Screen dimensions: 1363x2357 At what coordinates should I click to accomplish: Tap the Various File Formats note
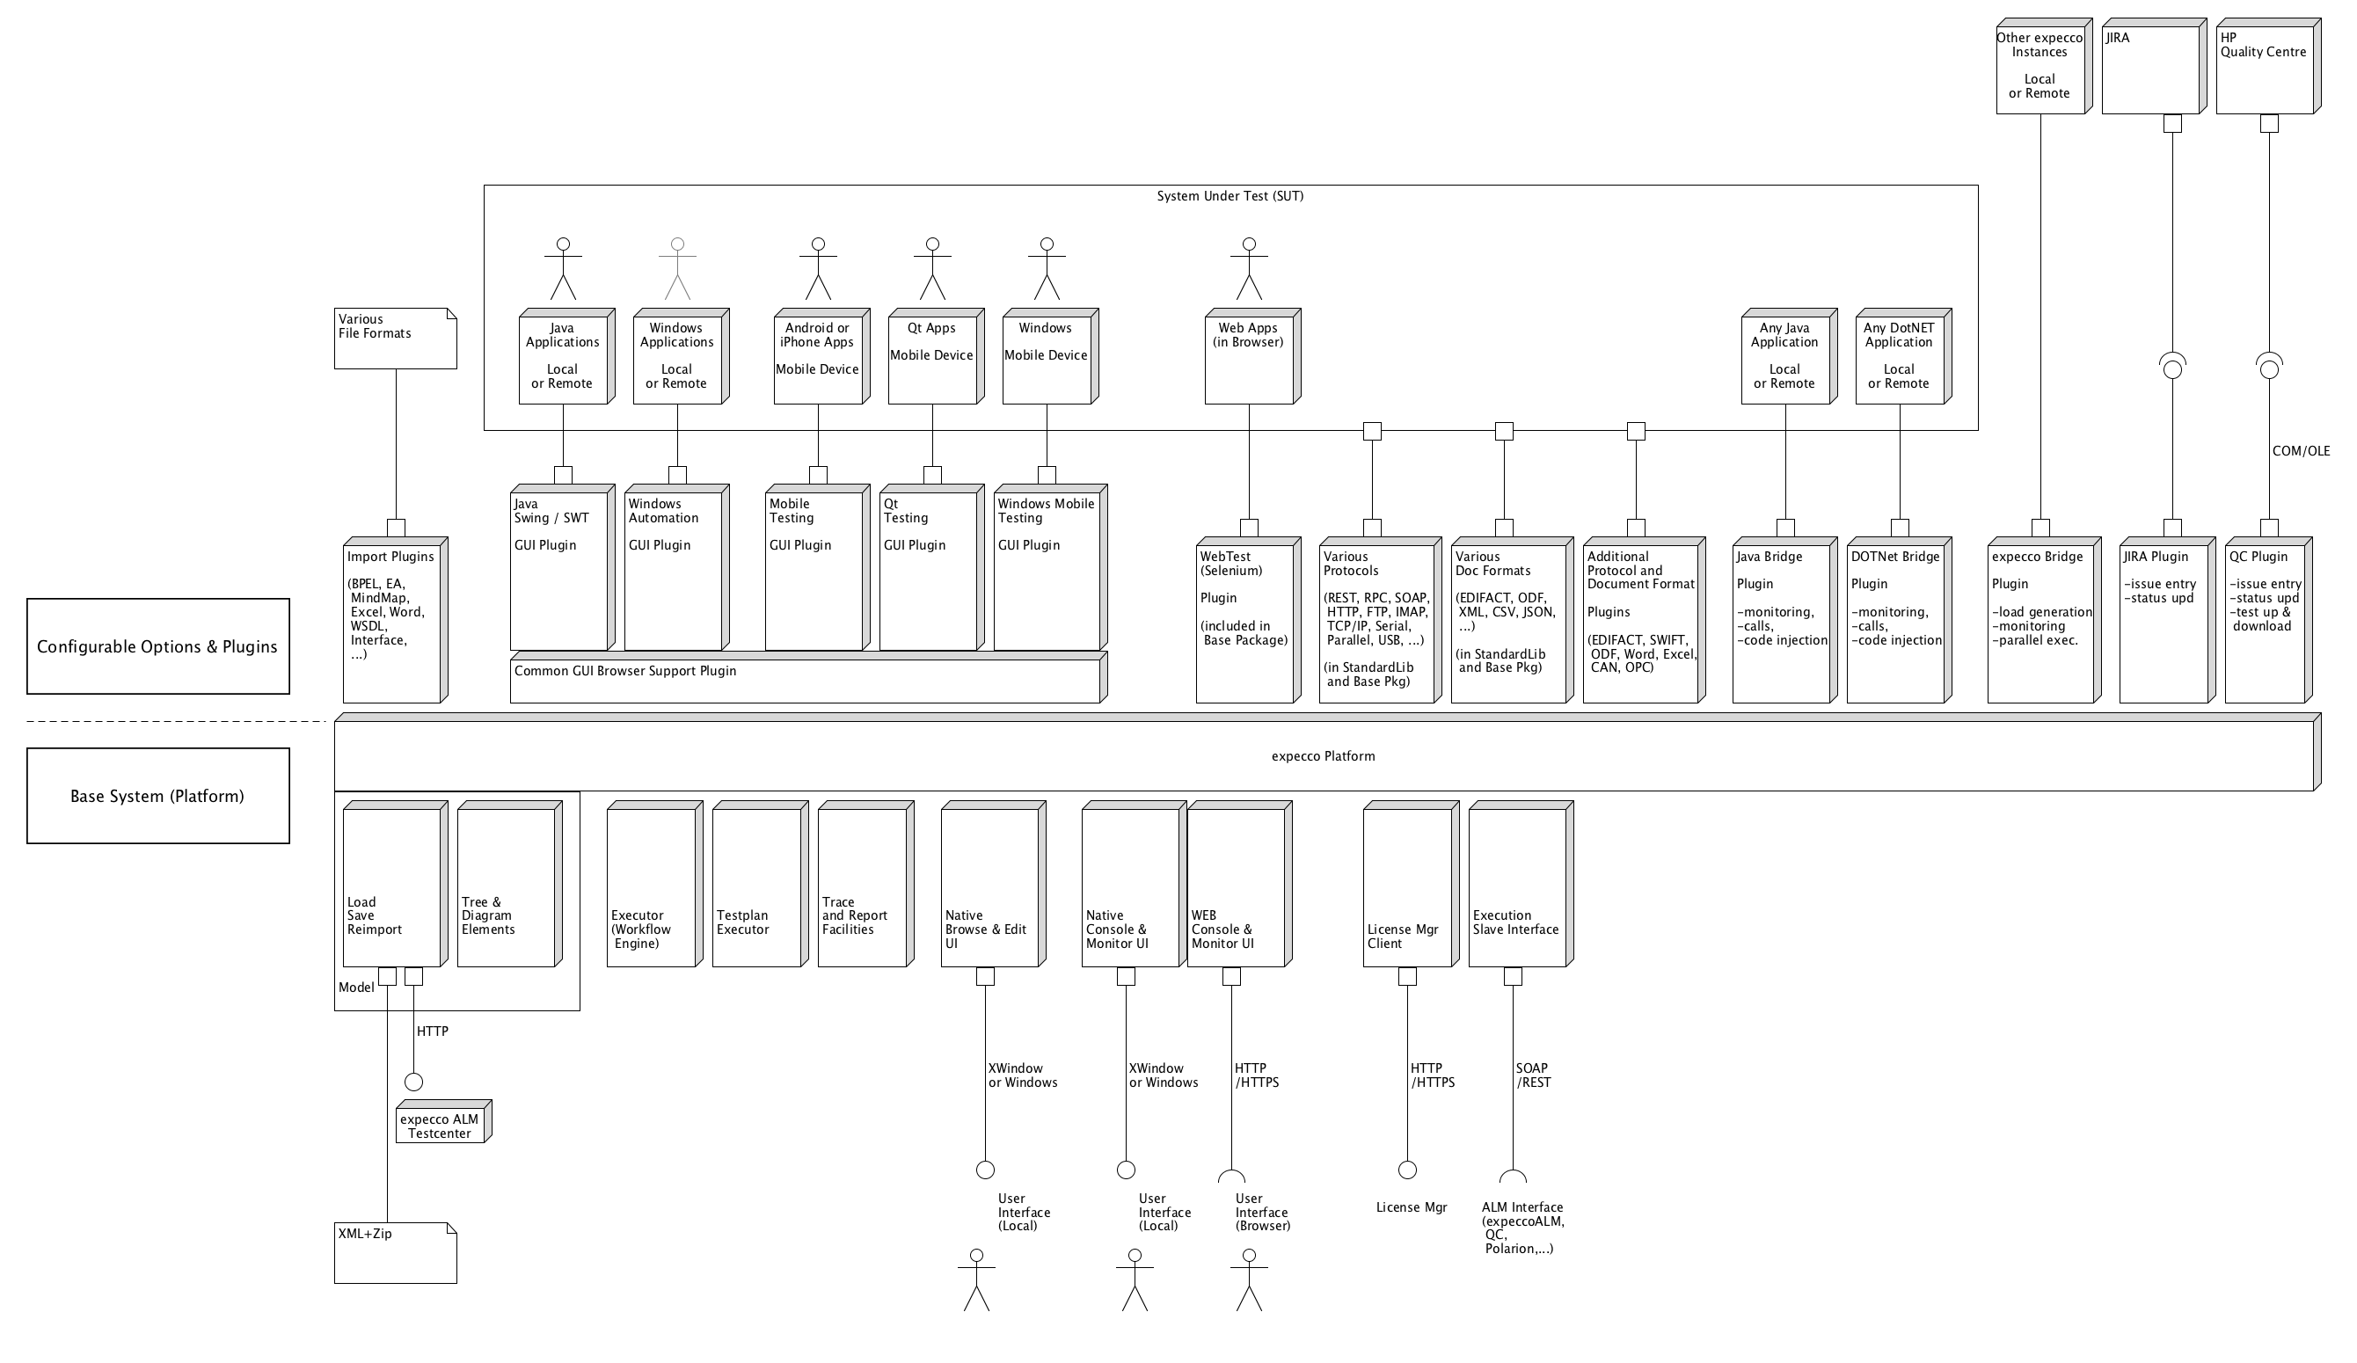pos(395,339)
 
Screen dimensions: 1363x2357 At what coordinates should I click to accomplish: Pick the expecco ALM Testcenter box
pos(440,1124)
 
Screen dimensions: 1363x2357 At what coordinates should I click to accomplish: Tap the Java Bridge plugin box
pos(1781,622)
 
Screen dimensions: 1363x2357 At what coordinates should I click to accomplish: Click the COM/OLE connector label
pos(2301,451)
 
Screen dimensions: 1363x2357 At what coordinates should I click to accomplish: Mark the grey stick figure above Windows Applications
pos(677,268)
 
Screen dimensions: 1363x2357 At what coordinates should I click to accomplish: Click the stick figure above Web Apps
pos(1249,268)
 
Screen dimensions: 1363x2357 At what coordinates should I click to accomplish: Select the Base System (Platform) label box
pos(157,796)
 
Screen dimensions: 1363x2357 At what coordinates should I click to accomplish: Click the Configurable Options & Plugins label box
pos(157,646)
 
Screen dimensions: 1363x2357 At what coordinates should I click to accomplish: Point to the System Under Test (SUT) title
pos(1229,196)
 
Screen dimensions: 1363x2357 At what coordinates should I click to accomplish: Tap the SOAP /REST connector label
pos(1533,1075)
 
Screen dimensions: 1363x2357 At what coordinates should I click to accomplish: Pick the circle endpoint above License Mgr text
pos(1406,1170)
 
